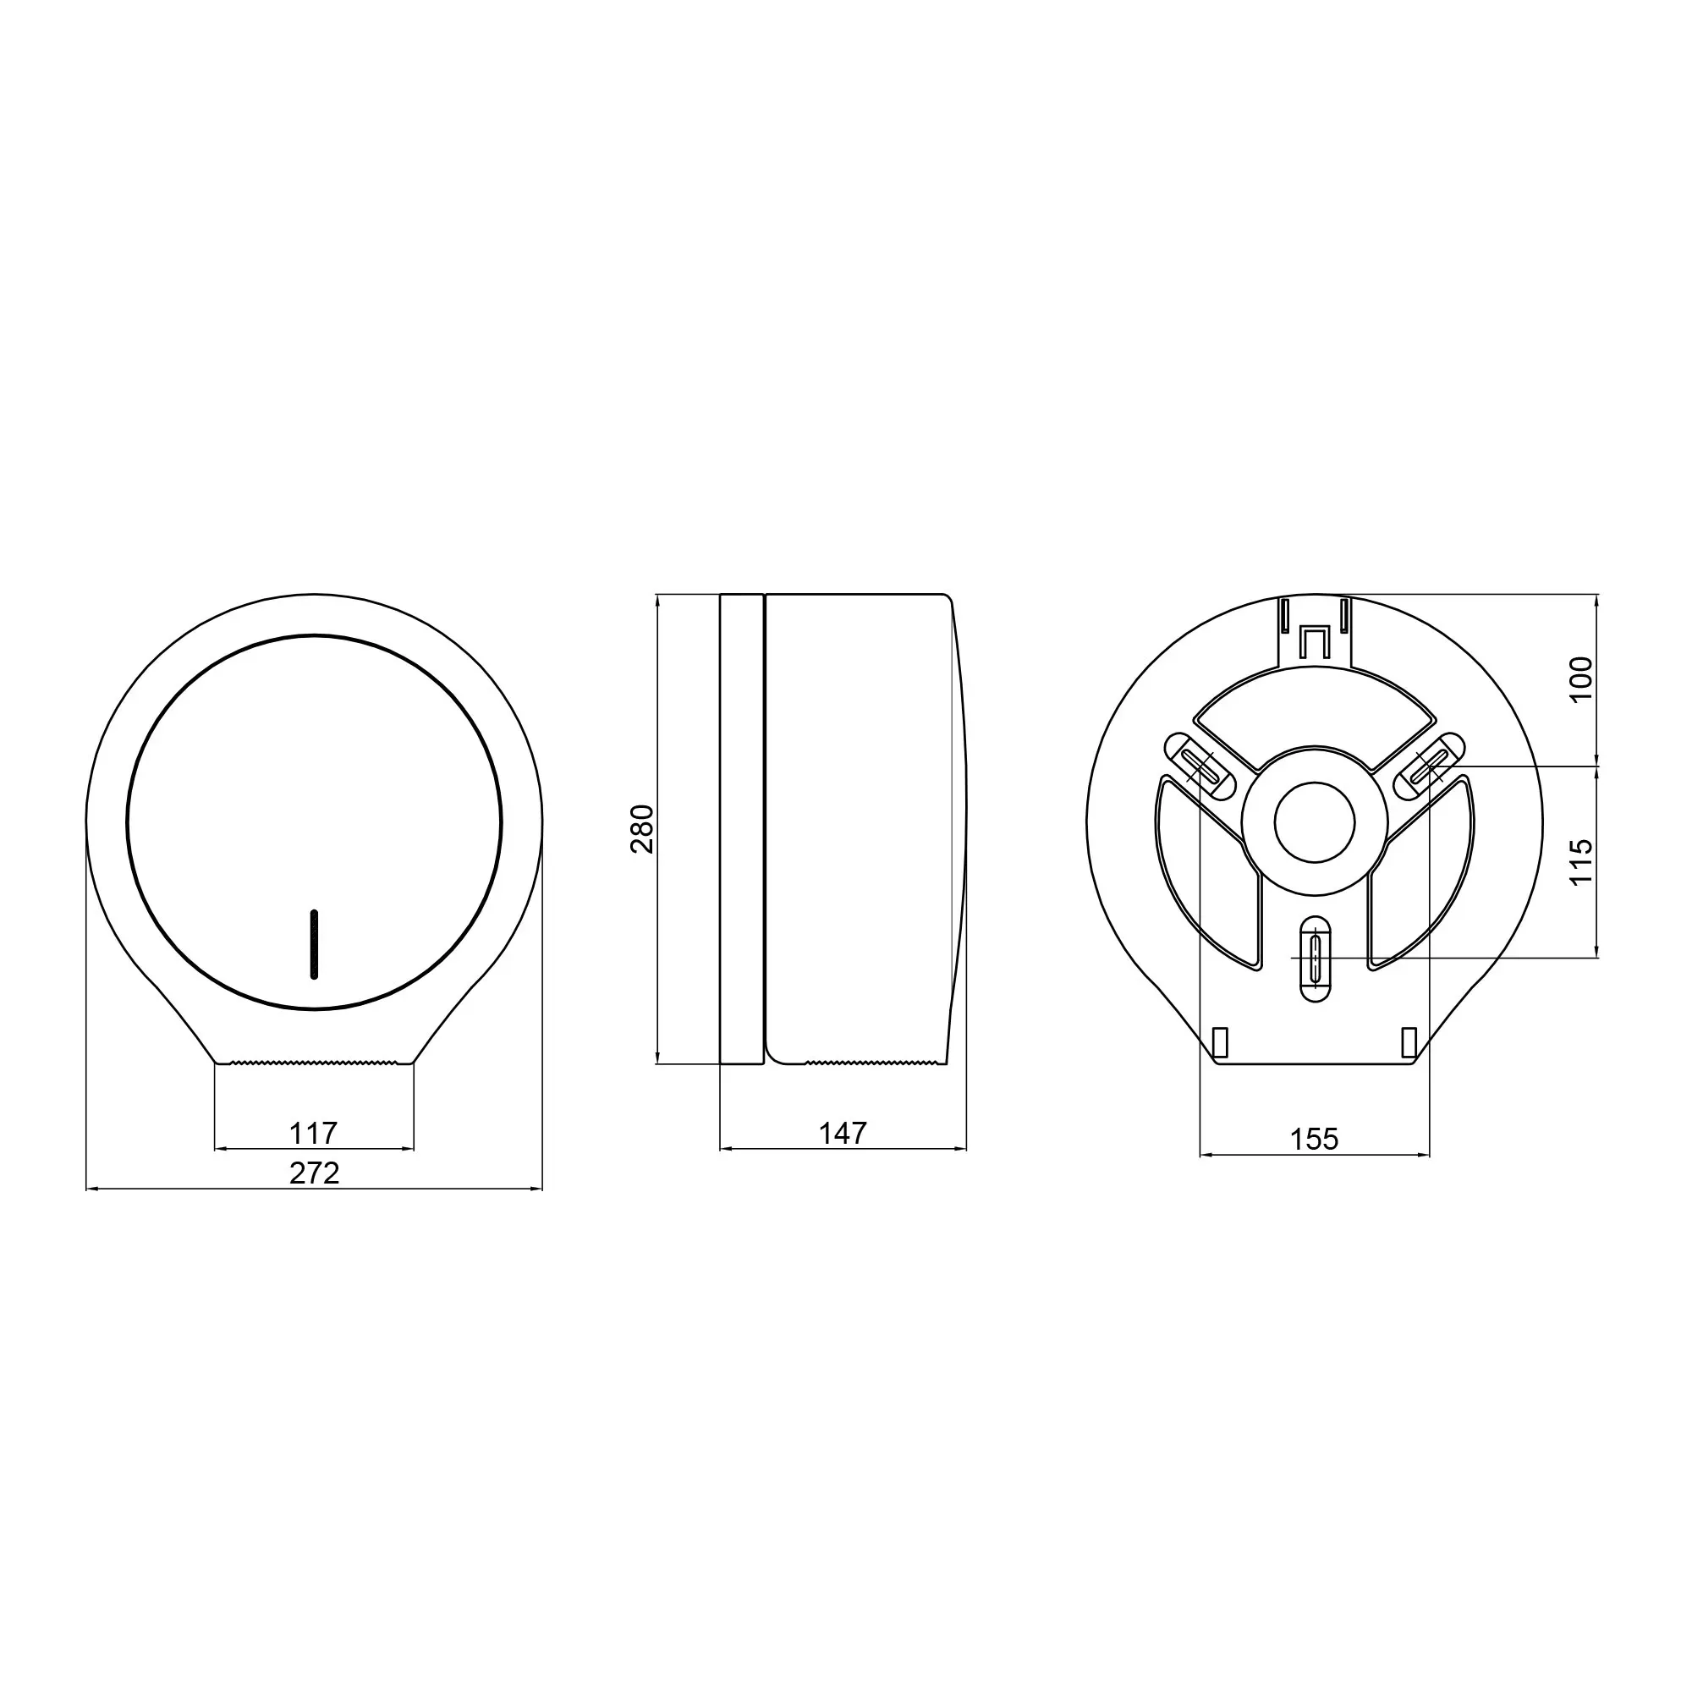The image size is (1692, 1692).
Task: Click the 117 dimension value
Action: [313, 1134]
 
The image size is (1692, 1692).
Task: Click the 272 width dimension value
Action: [315, 1173]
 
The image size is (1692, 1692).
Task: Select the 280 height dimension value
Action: [642, 828]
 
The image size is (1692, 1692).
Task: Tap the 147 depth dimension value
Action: [843, 1134]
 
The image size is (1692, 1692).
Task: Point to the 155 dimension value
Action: [1314, 1140]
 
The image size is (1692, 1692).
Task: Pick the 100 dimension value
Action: [1581, 678]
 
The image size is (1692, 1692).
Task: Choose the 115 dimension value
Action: [1581, 862]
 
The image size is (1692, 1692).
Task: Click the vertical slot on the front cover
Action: [314, 944]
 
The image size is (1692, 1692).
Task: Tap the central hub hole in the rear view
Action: [1315, 822]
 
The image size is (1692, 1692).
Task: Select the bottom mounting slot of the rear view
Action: [1315, 959]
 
